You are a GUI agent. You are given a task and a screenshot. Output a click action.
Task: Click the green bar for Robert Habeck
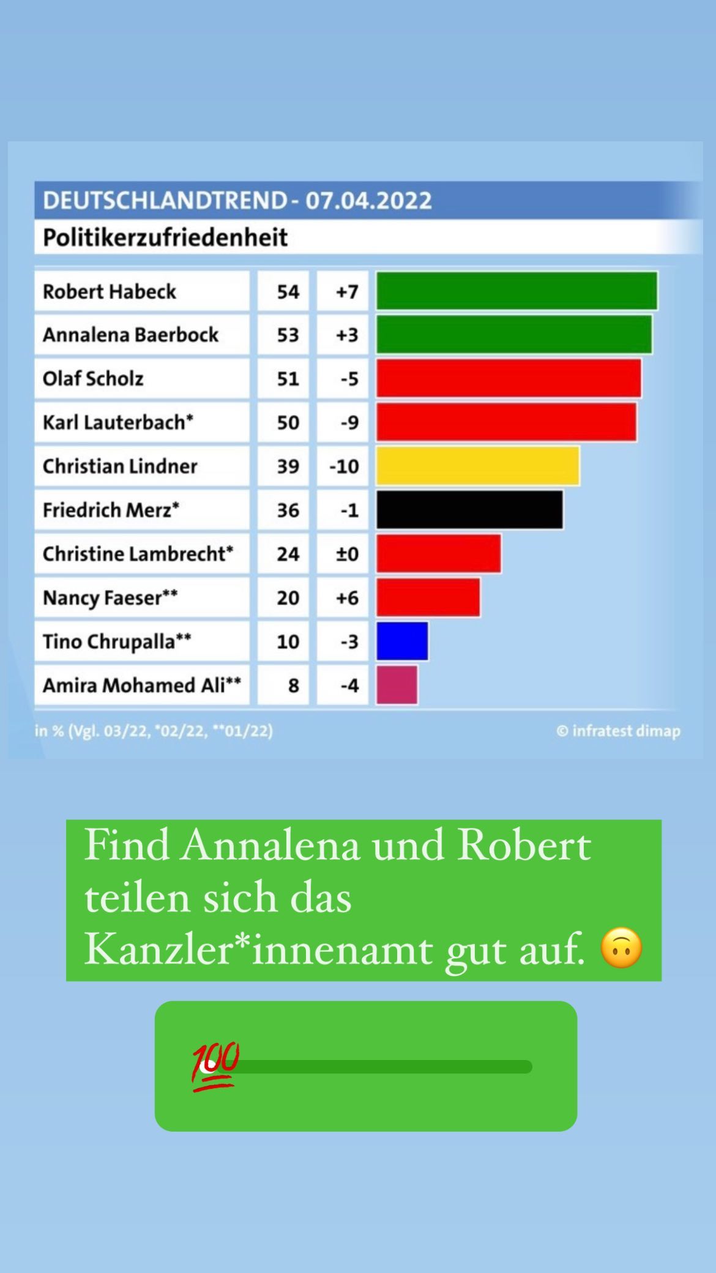click(x=516, y=291)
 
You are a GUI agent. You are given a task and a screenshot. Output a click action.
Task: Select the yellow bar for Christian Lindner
click(x=477, y=466)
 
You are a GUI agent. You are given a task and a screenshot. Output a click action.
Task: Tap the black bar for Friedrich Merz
click(x=469, y=510)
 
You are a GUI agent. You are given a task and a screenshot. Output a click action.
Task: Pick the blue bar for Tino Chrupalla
click(x=402, y=641)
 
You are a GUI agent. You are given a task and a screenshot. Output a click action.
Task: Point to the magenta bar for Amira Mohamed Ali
click(x=397, y=685)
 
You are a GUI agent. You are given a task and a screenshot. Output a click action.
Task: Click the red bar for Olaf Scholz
click(x=509, y=378)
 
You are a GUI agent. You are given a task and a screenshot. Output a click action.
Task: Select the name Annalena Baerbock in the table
click(x=130, y=335)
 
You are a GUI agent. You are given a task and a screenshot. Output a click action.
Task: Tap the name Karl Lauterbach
click(x=117, y=422)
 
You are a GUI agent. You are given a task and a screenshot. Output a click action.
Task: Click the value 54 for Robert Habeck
click(x=288, y=291)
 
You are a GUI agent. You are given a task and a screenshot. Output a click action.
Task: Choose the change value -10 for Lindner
click(x=344, y=466)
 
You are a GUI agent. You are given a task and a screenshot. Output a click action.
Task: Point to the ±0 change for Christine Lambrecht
click(x=347, y=554)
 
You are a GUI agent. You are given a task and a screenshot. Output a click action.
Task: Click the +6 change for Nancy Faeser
click(x=347, y=598)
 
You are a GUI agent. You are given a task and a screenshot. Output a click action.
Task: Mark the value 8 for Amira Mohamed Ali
click(x=293, y=685)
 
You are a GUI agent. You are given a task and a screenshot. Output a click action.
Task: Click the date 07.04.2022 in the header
click(x=368, y=201)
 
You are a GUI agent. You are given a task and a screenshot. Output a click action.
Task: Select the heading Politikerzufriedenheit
click(x=165, y=237)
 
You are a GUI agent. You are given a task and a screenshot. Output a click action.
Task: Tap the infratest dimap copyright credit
click(x=618, y=731)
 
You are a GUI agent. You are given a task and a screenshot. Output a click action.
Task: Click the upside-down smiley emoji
click(x=621, y=948)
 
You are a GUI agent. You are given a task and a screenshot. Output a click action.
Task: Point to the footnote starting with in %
click(x=154, y=731)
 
